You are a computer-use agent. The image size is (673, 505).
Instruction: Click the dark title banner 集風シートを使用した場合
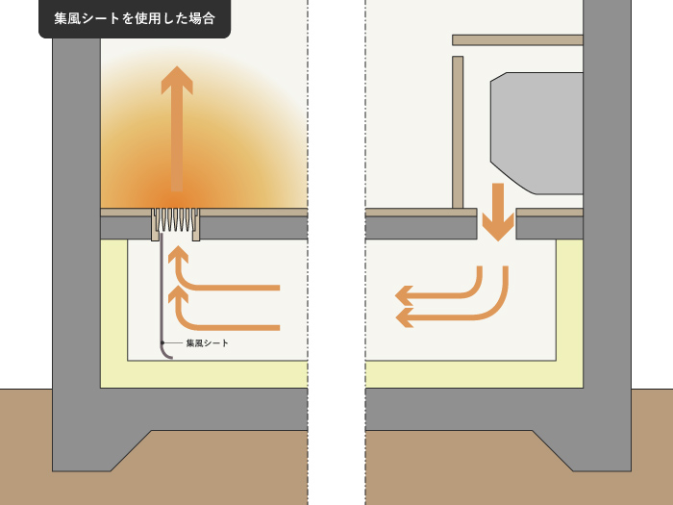pos(135,18)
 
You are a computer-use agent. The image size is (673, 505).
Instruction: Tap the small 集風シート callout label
pos(207,343)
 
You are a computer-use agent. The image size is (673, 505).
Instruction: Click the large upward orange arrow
pos(177,129)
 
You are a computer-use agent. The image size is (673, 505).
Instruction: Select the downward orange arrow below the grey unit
pos(498,212)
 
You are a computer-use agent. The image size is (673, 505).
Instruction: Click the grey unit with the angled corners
pos(536,133)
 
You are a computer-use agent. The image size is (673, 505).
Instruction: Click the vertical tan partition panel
pos(458,133)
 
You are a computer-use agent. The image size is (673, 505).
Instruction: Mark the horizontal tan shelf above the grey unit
pos(517,40)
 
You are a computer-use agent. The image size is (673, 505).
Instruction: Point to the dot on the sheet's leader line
pos(162,342)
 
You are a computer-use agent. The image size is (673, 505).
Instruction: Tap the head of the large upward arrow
pos(177,80)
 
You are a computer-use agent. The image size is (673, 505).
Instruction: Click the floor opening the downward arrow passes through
pos(497,224)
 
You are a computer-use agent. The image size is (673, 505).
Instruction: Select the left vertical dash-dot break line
pos(308,252)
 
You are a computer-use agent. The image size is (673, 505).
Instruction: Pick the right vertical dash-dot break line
pos(365,252)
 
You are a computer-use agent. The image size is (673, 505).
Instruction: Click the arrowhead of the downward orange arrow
pos(498,227)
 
